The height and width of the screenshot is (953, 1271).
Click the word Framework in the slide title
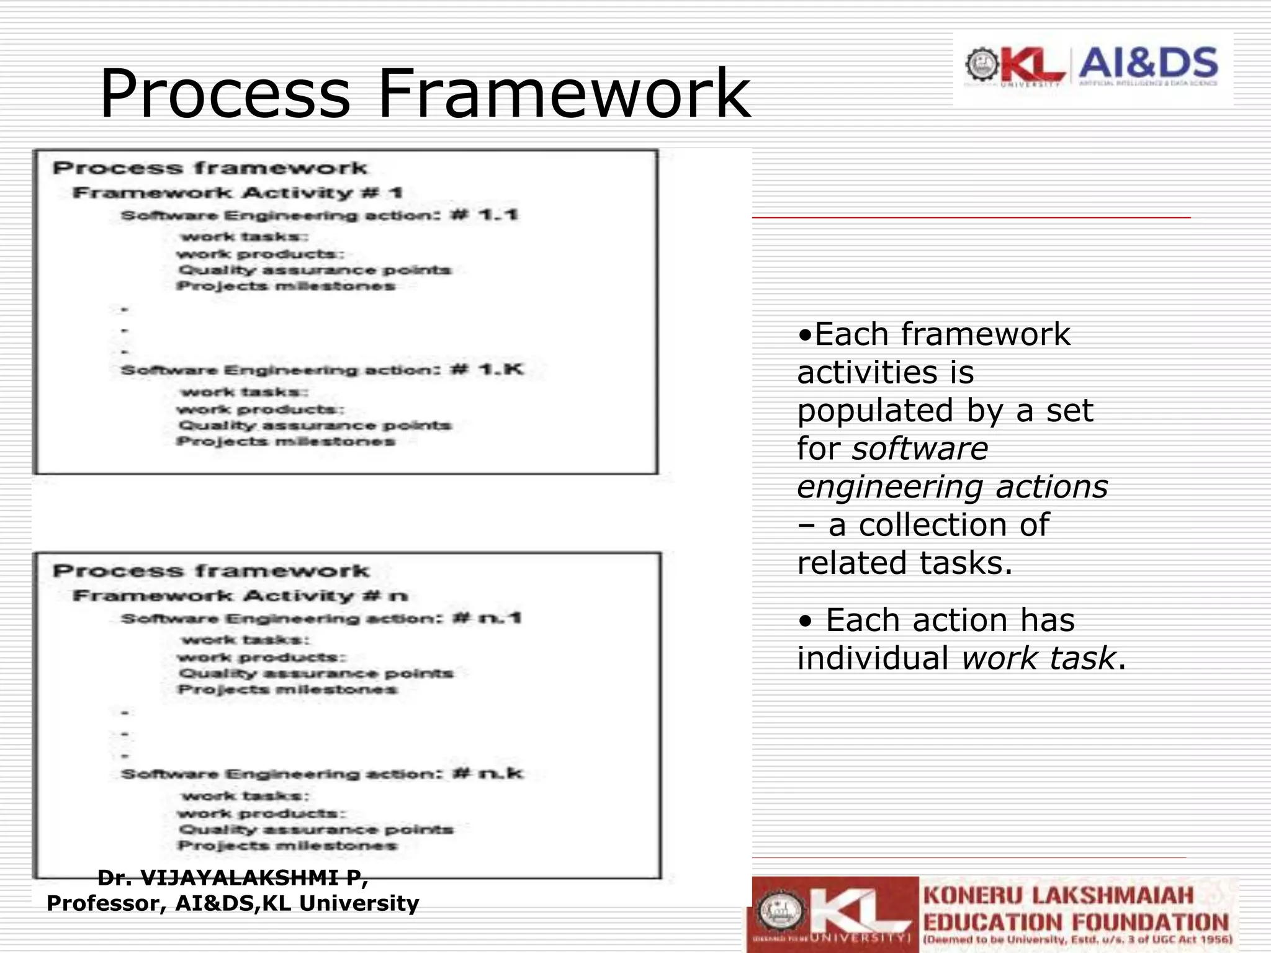point(564,94)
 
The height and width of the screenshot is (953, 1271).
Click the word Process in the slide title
point(225,94)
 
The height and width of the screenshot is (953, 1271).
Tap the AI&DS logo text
point(1148,63)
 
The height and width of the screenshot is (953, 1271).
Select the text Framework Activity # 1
point(237,192)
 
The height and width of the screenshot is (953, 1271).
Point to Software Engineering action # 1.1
point(319,215)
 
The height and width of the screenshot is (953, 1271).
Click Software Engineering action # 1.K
point(321,370)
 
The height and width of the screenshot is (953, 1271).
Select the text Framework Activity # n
point(240,596)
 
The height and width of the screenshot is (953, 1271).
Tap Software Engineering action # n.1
point(321,619)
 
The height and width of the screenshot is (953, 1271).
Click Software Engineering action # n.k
point(321,774)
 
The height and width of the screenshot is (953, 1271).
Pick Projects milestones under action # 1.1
point(285,286)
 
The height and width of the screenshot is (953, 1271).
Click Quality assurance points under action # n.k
point(315,830)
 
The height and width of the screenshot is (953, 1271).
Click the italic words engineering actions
point(952,487)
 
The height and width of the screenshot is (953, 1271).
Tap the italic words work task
point(1038,658)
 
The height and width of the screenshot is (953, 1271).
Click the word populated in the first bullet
point(875,411)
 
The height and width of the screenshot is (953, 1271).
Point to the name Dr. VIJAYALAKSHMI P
point(233,878)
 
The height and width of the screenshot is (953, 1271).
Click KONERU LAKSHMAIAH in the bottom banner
point(1058,895)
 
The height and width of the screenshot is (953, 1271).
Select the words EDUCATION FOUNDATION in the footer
point(1076,922)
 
